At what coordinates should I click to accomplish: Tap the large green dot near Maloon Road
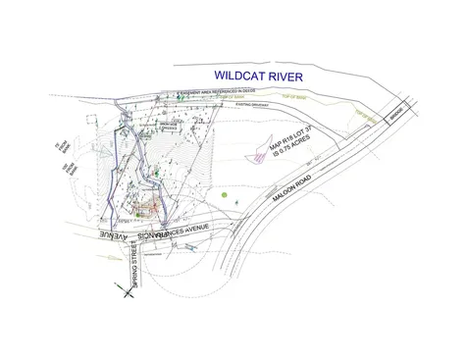(225, 195)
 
